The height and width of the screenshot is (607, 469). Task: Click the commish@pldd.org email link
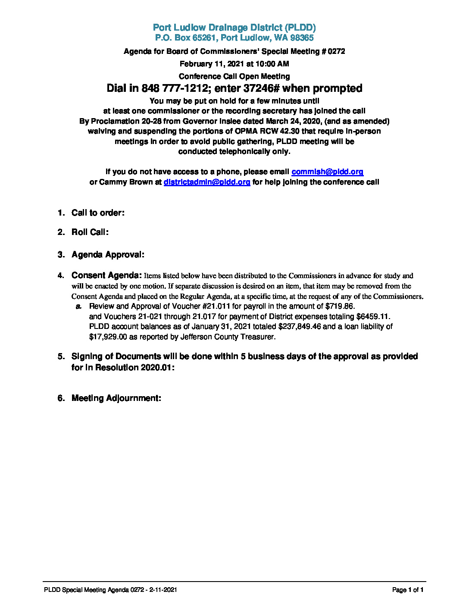click(327, 172)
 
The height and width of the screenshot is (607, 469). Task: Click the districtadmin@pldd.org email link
click(207, 182)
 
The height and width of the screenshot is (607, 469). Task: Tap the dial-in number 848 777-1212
click(172, 88)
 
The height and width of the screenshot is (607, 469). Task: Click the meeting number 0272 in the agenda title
click(336, 51)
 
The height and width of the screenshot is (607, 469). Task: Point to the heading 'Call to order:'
click(98, 213)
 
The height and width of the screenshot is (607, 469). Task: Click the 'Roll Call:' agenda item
click(90, 232)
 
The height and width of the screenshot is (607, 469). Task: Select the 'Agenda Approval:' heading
click(108, 254)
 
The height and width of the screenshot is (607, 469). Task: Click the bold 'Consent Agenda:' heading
click(106, 275)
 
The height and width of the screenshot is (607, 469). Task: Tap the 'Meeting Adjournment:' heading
click(116, 398)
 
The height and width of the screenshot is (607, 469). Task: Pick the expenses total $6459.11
click(373, 316)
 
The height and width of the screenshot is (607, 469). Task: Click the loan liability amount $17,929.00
click(108, 337)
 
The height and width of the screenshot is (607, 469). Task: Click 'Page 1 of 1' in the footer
click(408, 590)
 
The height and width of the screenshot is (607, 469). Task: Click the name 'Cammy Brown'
click(126, 182)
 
